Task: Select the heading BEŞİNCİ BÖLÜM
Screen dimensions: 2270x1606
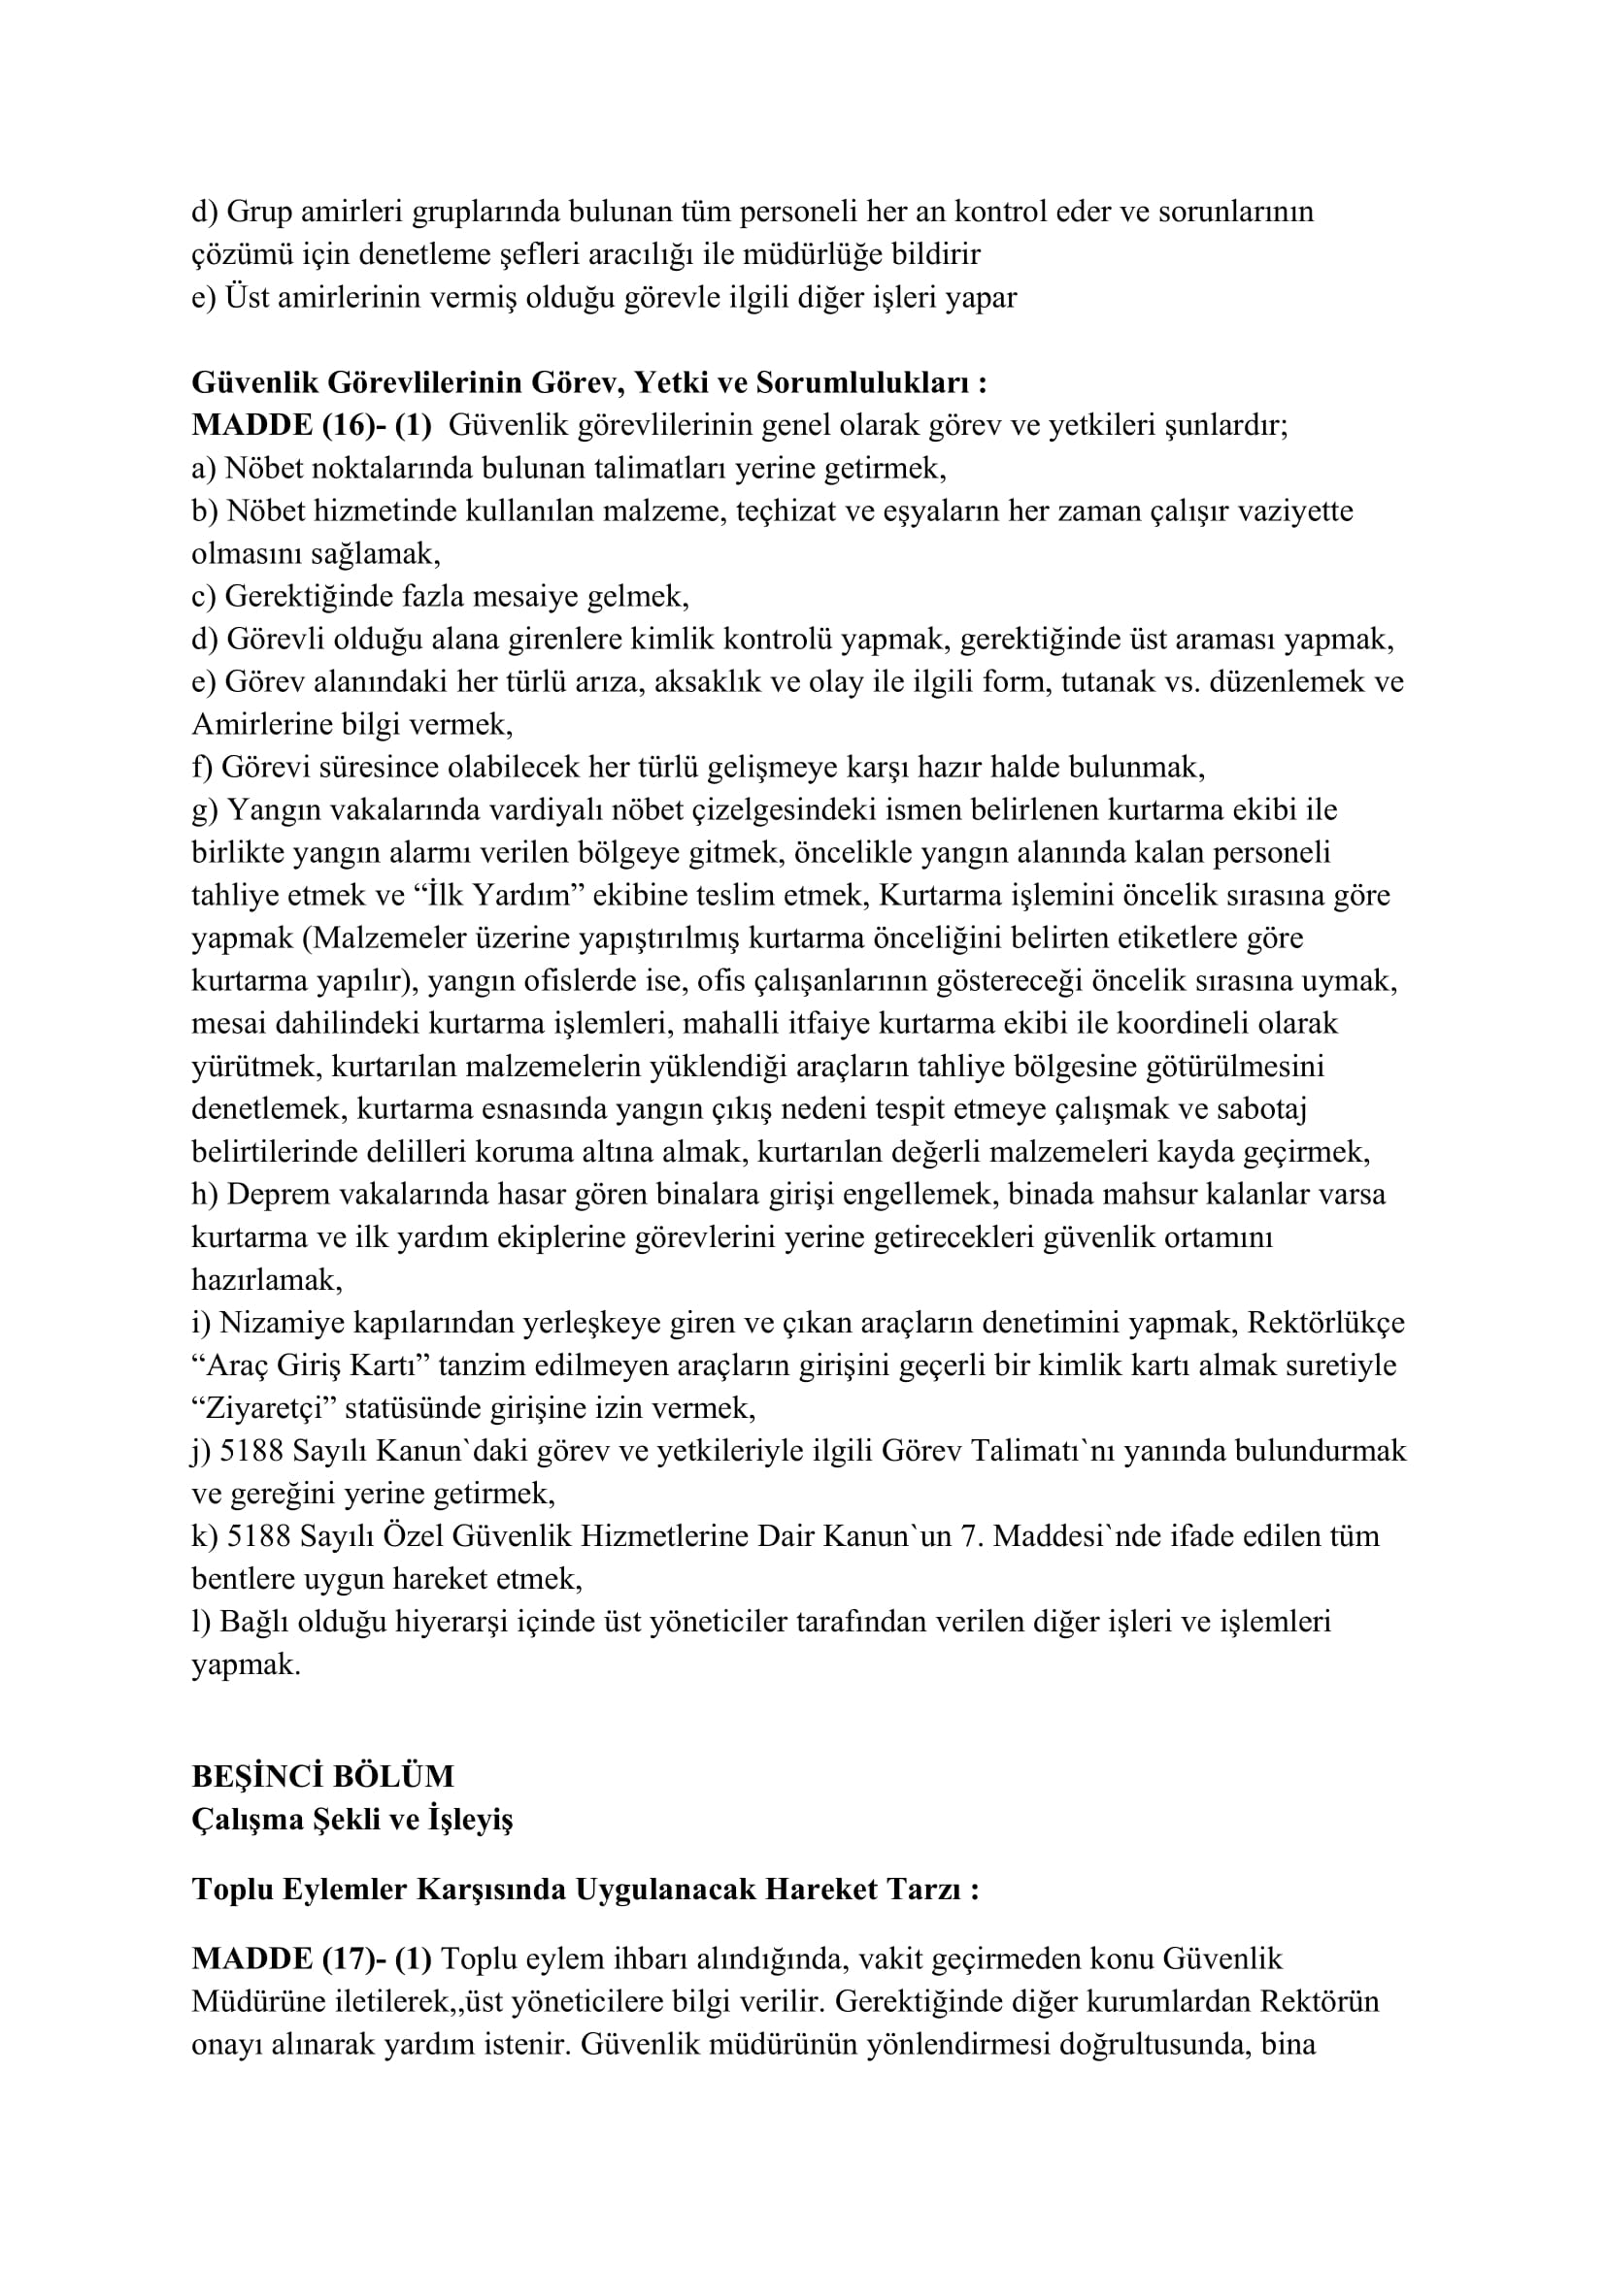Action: click(322, 1777)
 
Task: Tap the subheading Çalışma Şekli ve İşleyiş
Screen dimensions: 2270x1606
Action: click(352, 1820)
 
